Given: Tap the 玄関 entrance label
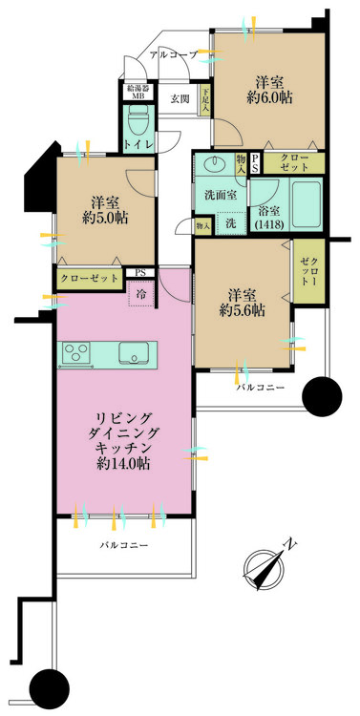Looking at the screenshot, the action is point(180,97).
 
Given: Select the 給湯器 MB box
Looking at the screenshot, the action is point(138,92).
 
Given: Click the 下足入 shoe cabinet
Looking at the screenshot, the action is point(205,99).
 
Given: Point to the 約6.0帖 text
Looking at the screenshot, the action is point(269,97).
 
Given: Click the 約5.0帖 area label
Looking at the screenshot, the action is point(105,218).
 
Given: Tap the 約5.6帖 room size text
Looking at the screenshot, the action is point(243,310).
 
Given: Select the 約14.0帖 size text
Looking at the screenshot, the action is point(123,463).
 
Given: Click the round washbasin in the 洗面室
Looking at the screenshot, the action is point(211,163).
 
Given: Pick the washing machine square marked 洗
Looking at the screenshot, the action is point(230,223).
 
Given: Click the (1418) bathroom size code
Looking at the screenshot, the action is point(269,224).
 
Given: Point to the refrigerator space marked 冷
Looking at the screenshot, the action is point(141,294).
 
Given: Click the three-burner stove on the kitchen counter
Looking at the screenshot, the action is point(75,352).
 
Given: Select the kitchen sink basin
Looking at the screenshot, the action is point(133,353).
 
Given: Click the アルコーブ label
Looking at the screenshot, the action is point(174,55).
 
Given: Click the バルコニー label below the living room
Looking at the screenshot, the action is point(124,545).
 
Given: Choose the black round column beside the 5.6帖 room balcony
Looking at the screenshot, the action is point(322,396).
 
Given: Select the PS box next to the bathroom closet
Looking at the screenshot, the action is point(255,163).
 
